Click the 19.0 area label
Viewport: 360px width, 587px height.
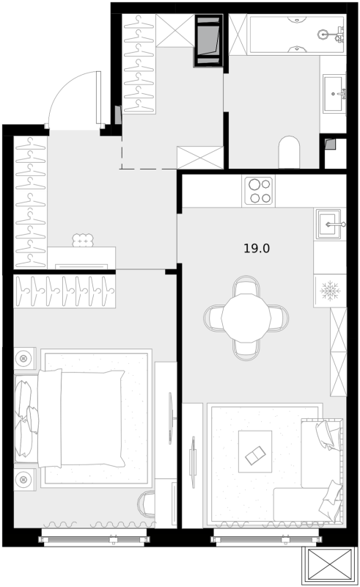pyautogui.click(x=257, y=248)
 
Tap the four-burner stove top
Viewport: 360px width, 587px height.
pyautogui.click(x=259, y=191)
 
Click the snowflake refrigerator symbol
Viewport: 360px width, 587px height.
pyautogui.click(x=330, y=291)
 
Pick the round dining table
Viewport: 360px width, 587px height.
pyautogui.click(x=246, y=318)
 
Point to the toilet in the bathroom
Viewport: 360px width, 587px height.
pyautogui.click(x=290, y=152)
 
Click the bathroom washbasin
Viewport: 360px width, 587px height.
pyautogui.click(x=334, y=93)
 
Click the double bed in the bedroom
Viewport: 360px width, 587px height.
pyautogui.click(x=82, y=418)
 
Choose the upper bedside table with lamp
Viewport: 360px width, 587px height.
pyautogui.click(x=24, y=359)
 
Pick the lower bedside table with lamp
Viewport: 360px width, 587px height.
pyautogui.click(x=24, y=480)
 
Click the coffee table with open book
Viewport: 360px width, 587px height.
pyautogui.click(x=255, y=451)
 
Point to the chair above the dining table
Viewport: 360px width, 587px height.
pyautogui.click(x=246, y=286)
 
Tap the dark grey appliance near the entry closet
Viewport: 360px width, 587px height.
pyautogui.click(x=208, y=40)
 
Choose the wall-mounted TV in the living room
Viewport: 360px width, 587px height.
pyautogui.click(x=193, y=462)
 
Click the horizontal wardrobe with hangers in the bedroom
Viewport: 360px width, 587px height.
pyautogui.click(x=65, y=291)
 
